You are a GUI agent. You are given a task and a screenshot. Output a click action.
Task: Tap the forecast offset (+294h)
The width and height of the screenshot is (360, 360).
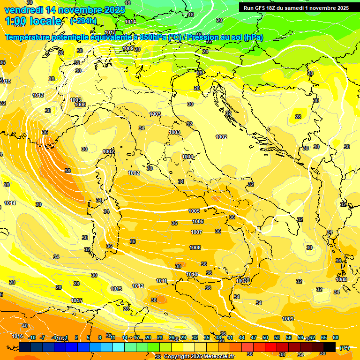coord(83,21)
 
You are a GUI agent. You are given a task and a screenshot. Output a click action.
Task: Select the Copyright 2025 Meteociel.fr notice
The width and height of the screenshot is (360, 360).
coord(199,356)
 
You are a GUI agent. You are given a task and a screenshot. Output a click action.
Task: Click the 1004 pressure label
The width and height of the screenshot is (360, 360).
coord(187,157)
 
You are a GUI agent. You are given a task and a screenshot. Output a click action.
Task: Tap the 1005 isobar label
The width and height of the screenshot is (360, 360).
coord(195,211)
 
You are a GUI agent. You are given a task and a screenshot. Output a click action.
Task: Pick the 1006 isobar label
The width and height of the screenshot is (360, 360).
coord(198,221)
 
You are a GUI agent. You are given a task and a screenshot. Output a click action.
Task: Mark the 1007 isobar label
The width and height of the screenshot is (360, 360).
coord(196,232)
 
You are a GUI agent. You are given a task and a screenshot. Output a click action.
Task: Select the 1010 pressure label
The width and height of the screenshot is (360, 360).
coord(192,274)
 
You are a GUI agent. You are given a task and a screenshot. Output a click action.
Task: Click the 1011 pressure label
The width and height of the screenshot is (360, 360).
coord(161,281)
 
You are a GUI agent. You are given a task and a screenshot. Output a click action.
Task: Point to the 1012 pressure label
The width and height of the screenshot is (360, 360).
coord(138,286)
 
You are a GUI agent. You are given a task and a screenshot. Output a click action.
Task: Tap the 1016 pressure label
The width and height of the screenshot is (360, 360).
coord(17,336)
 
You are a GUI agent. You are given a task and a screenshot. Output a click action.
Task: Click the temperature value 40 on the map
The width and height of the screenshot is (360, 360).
coord(24,326)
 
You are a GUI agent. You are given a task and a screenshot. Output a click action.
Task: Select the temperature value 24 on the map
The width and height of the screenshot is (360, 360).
coord(205,52)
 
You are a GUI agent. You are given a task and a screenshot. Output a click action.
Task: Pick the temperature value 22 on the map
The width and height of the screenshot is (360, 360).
coord(209,41)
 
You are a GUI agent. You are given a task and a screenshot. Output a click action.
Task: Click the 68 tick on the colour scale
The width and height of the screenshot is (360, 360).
coord(336,337)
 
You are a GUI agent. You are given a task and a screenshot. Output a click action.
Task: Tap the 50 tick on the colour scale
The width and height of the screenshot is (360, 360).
coord(265,337)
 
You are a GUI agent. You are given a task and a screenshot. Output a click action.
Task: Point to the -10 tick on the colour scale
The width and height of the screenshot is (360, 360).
coord(32,337)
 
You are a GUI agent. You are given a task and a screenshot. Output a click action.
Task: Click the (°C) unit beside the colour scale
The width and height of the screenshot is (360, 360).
coord(344,347)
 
